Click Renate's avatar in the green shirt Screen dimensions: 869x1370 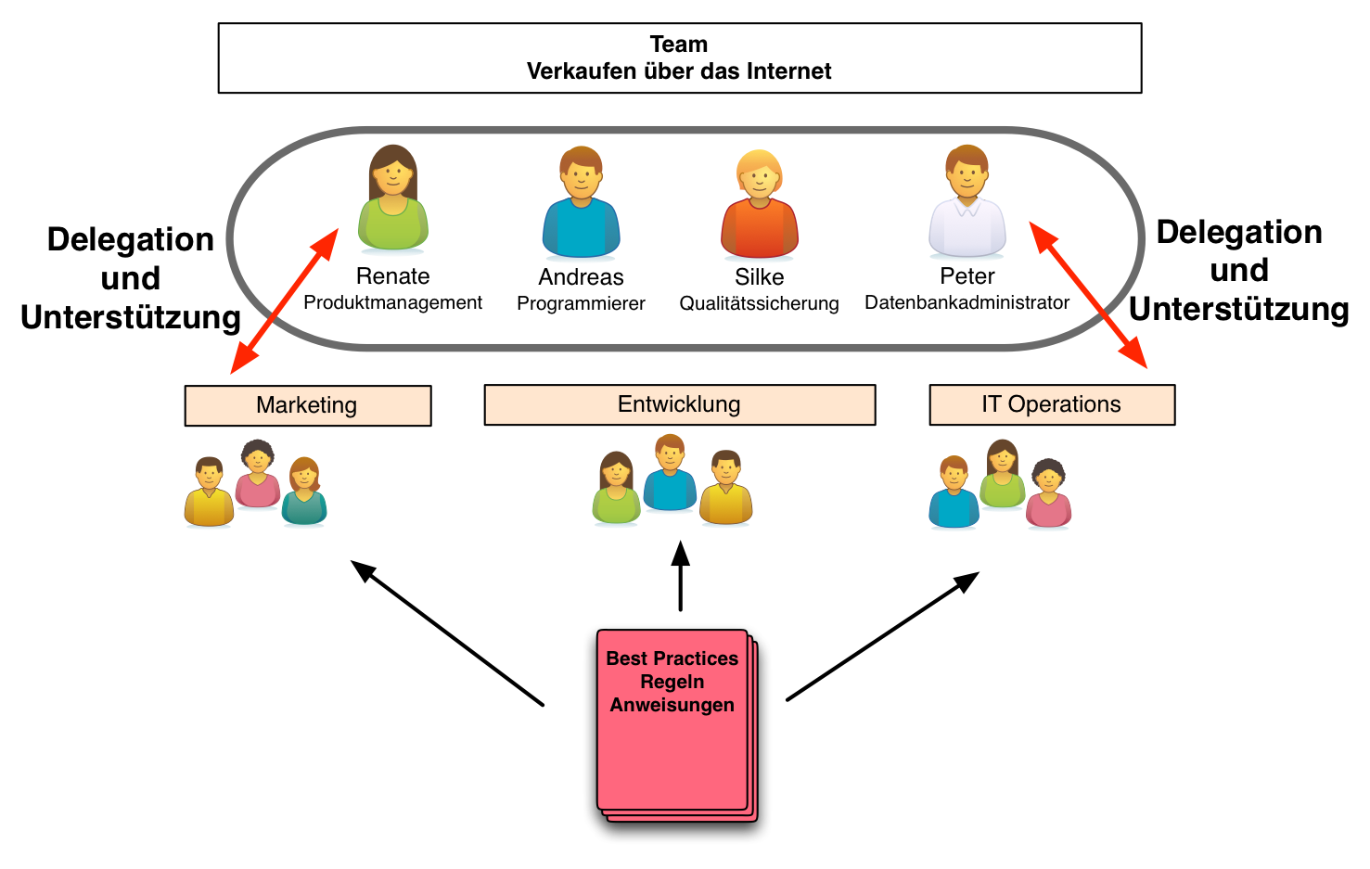click(393, 199)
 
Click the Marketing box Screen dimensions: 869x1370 click(308, 405)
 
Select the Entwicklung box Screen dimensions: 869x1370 click(680, 404)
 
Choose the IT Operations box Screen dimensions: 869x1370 click(1052, 404)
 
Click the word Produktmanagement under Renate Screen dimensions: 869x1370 click(392, 302)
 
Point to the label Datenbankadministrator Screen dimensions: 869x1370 click(967, 302)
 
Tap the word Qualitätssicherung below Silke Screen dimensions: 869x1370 click(759, 303)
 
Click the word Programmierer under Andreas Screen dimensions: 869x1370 click(581, 303)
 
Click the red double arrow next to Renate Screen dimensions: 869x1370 click(285, 301)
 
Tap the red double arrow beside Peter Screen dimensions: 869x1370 click(1088, 295)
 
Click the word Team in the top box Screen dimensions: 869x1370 click(679, 45)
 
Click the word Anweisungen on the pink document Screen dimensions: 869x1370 click(672, 705)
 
